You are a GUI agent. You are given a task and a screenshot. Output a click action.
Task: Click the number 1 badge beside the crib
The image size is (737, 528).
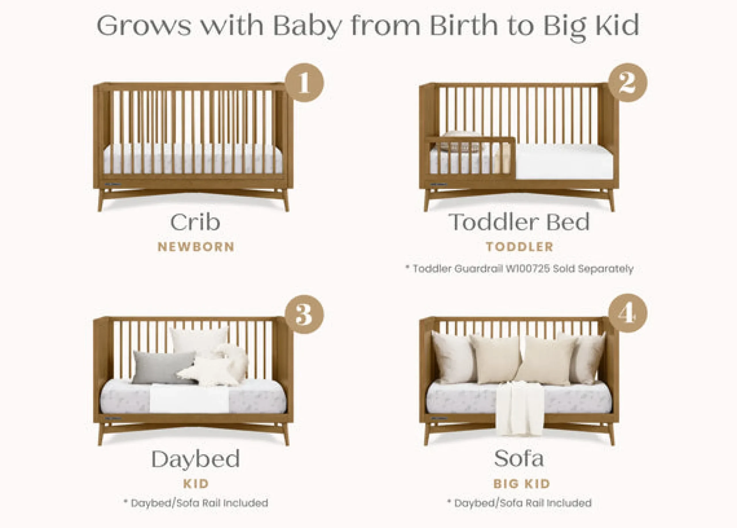(305, 83)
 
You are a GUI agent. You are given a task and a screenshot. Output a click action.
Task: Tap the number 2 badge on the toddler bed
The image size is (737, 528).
(628, 83)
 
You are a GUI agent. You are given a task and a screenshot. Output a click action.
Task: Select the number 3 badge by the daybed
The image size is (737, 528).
(305, 314)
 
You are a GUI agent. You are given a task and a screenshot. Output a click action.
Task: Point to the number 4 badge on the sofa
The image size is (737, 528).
(628, 313)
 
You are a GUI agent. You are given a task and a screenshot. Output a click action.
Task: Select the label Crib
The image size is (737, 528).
(195, 222)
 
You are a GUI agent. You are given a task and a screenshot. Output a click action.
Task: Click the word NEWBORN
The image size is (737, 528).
(196, 247)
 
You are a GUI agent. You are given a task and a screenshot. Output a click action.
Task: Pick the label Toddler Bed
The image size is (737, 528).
(519, 222)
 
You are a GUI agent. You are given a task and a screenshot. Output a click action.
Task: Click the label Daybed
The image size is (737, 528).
(195, 459)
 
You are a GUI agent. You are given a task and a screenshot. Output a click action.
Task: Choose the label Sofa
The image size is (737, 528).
(519, 458)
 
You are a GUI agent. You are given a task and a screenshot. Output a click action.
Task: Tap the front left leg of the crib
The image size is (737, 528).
(101, 200)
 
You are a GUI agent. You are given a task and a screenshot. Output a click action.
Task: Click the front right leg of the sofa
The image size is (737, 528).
(611, 434)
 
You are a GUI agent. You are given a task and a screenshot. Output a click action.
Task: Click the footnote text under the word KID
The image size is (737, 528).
(196, 503)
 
